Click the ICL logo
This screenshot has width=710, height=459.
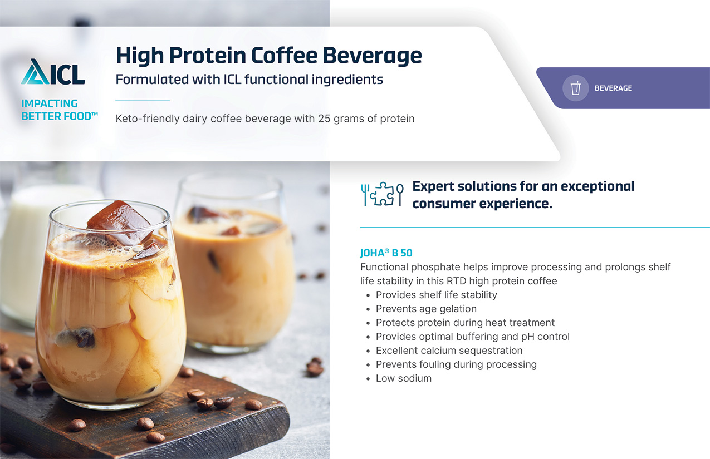(53, 72)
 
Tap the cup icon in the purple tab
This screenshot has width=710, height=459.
(576, 88)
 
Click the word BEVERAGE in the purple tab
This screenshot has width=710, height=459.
(613, 88)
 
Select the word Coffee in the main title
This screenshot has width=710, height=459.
(285, 56)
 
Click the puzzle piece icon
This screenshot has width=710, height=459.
(382, 194)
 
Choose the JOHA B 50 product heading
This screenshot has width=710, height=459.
(386, 253)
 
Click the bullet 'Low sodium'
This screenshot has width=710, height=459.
(404, 378)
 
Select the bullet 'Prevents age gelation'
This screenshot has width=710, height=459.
(426, 309)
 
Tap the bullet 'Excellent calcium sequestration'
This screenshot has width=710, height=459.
(449, 351)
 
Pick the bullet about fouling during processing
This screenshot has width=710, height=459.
(456, 364)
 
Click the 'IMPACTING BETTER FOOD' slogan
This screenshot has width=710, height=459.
(59, 110)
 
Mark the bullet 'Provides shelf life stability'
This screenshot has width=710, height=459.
(437, 295)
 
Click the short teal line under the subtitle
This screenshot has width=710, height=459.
(143, 100)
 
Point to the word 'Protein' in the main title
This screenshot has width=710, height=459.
(207, 56)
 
